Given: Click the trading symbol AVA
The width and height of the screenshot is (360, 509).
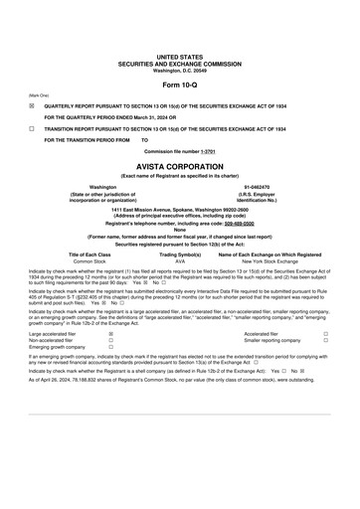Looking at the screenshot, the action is pyautogui.click(x=180, y=260).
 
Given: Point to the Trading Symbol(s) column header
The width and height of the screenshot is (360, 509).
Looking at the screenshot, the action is pyautogui.click(x=180, y=254).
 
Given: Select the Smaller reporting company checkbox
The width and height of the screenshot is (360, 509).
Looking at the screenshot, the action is pyautogui.click(x=325, y=341).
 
